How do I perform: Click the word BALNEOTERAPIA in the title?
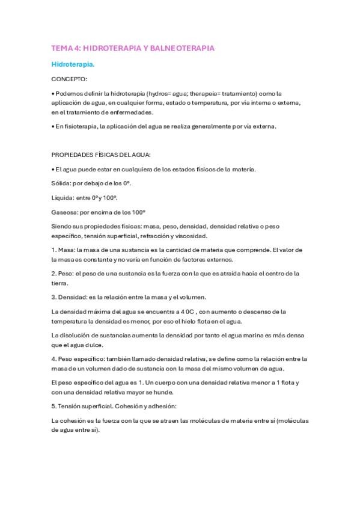(185, 47)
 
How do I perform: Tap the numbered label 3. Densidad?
(71, 296)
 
